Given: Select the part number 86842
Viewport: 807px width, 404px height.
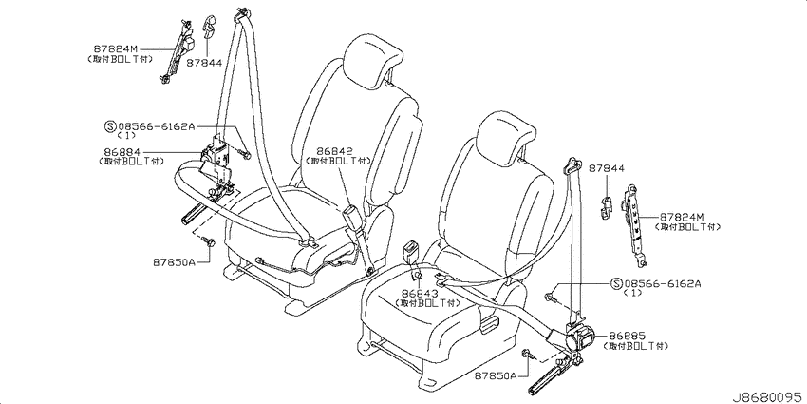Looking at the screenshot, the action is [x=334, y=151].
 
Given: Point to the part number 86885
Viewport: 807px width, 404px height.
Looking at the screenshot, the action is [x=627, y=336].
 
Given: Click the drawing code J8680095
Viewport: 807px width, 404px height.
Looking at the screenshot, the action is [x=768, y=397].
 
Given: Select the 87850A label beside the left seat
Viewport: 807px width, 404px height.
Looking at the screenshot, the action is [x=174, y=261].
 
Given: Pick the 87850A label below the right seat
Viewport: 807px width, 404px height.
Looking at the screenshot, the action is [x=497, y=376].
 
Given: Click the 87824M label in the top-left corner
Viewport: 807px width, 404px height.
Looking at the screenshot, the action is [x=115, y=48].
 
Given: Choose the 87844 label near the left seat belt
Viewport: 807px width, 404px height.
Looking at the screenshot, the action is [x=204, y=63].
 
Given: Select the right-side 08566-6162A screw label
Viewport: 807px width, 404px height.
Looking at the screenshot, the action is [x=662, y=283].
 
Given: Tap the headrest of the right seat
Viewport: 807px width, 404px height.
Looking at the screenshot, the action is [x=505, y=138].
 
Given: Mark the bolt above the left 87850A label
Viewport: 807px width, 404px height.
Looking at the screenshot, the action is [x=209, y=240].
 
